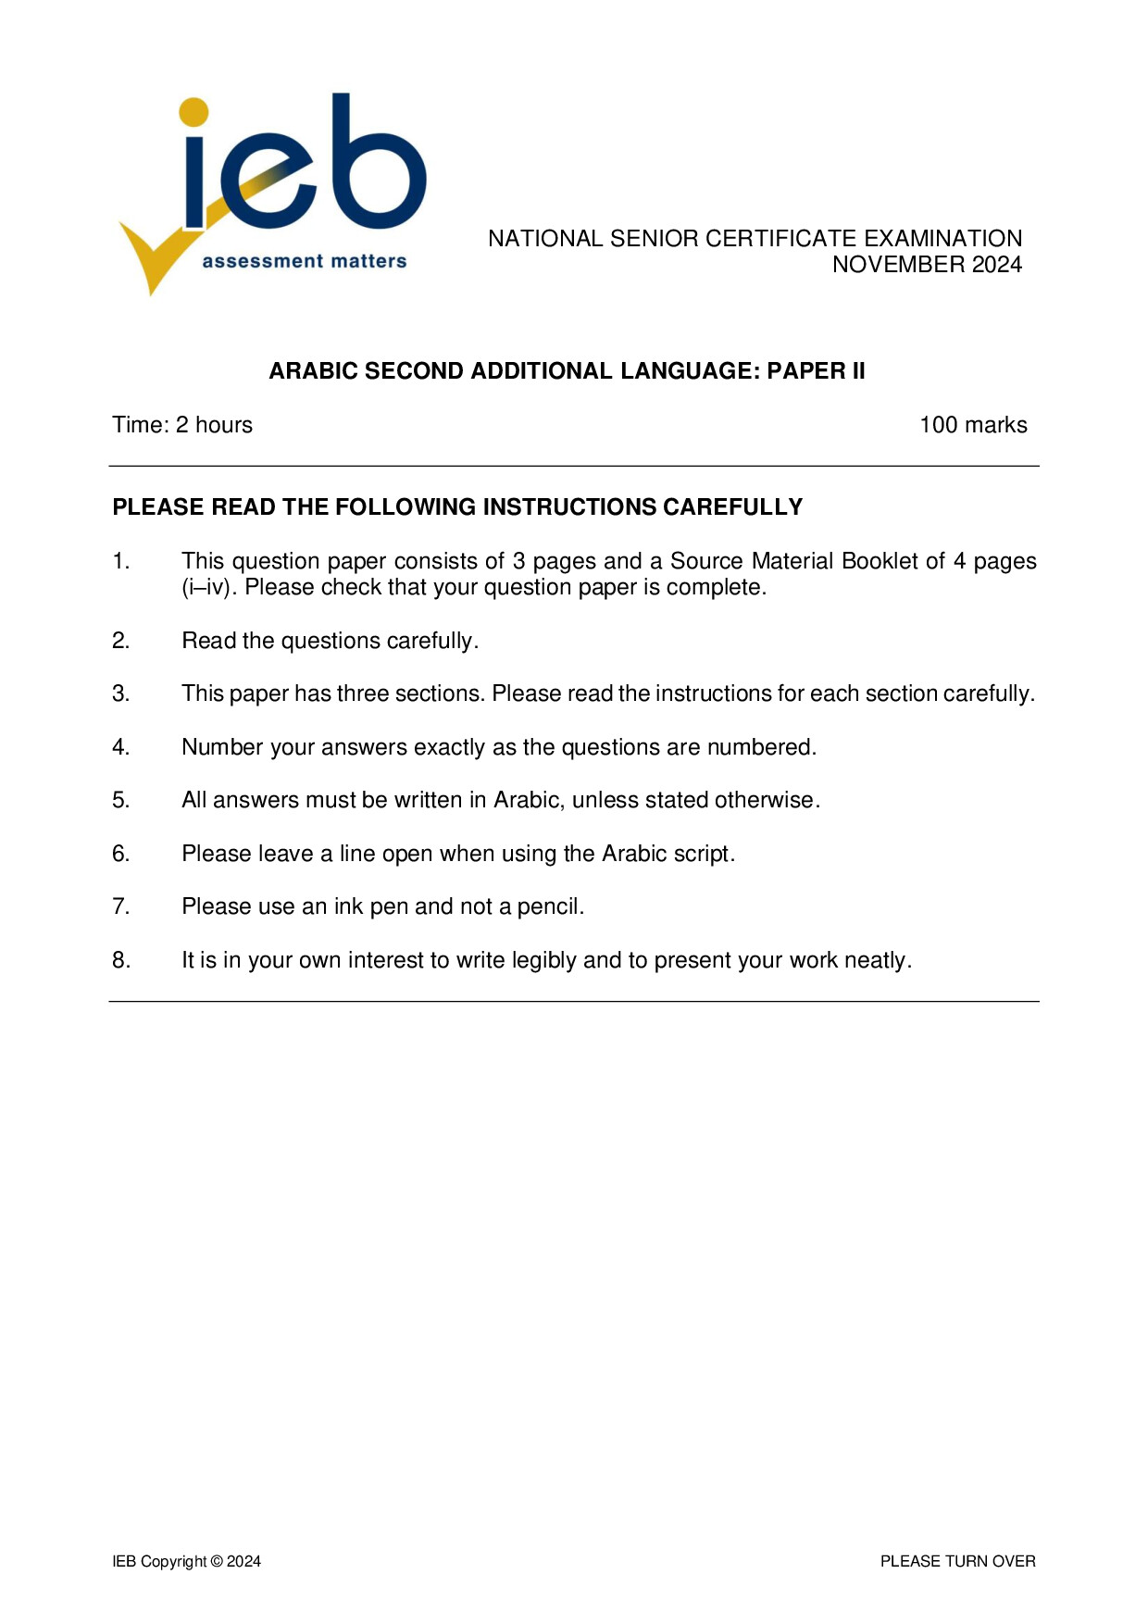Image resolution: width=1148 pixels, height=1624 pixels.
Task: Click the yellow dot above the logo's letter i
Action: (x=193, y=112)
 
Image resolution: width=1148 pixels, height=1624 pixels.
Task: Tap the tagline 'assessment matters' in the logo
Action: (x=304, y=262)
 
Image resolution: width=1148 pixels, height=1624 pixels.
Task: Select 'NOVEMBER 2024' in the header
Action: (x=927, y=265)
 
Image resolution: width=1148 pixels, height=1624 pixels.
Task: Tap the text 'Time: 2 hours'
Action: (x=182, y=425)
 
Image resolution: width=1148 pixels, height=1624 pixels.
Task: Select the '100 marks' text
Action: (x=972, y=425)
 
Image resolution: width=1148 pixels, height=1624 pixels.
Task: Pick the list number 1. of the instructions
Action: (x=121, y=561)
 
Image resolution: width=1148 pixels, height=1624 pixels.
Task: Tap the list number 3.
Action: (x=121, y=693)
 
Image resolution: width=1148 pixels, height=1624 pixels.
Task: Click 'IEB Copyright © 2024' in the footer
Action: (x=186, y=1561)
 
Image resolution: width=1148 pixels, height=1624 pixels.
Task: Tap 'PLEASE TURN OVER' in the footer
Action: (x=957, y=1561)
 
